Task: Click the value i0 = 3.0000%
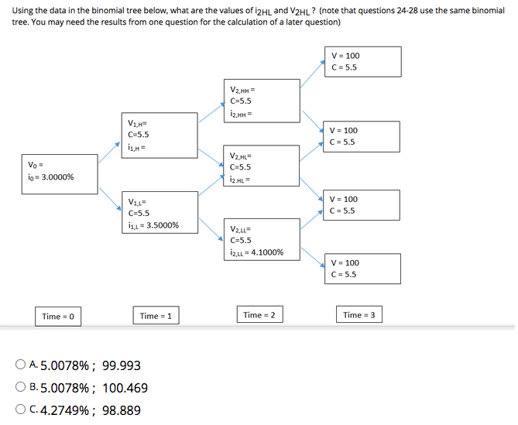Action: point(51,177)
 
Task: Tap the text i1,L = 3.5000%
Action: point(153,225)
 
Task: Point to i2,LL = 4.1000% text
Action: point(256,252)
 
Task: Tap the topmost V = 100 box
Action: point(362,61)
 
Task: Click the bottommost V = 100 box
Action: point(362,268)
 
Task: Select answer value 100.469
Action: point(125,388)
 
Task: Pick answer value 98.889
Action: point(121,411)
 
